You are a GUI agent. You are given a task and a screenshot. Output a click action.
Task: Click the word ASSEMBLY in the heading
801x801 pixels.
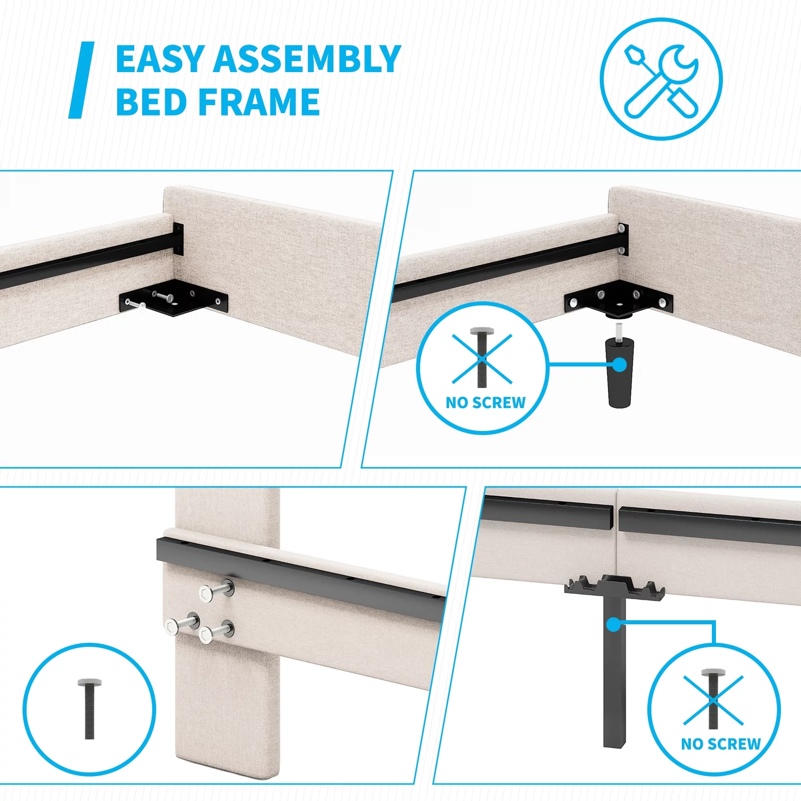click(x=307, y=59)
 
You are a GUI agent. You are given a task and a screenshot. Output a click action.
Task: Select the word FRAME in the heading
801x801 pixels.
click(x=259, y=102)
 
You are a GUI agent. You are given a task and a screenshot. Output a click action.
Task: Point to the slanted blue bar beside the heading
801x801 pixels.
click(x=82, y=80)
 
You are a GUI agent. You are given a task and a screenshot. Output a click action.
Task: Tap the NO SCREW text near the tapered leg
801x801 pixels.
click(x=486, y=403)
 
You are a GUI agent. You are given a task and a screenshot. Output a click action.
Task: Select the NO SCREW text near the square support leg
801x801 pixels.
click(x=721, y=744)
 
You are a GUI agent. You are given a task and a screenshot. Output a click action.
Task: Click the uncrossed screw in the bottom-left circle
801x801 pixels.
click(x=90, y=708)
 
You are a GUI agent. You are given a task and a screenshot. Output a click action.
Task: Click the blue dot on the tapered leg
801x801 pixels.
click(x=620, y=364)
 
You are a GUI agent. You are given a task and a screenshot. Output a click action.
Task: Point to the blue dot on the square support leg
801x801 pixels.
click(x=614, y=625)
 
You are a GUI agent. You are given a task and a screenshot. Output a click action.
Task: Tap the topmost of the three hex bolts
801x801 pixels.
click(x=217, y=591)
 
